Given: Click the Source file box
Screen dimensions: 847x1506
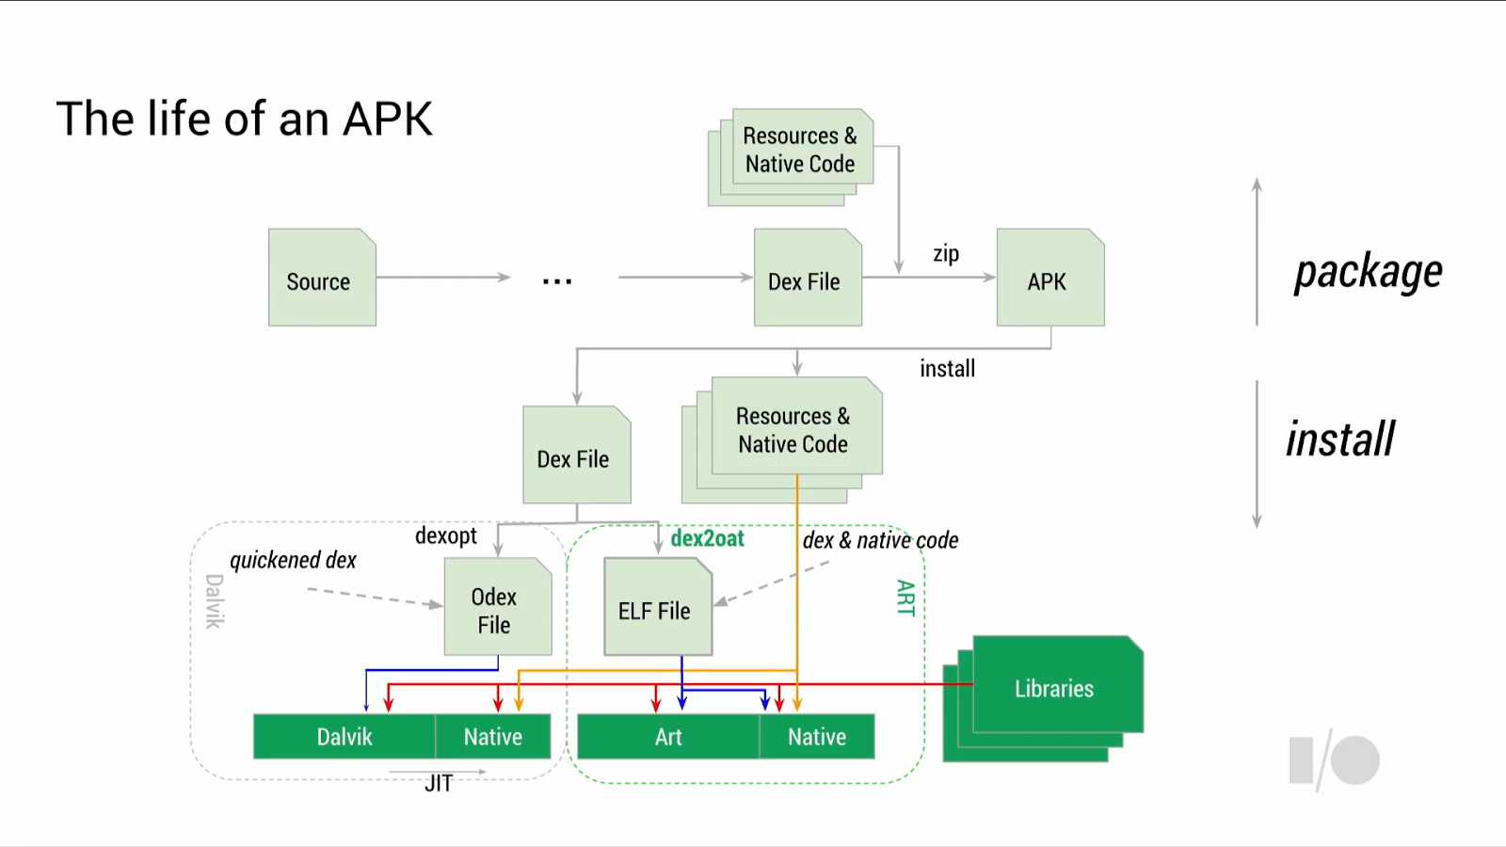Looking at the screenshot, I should click(x=322, y=279).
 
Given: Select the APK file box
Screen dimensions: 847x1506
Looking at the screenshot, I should click(x=1049, y=279).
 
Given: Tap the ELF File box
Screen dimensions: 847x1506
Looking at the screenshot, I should click(x=657, y=608).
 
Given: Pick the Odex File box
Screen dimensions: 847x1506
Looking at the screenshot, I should click(x=497, y=608).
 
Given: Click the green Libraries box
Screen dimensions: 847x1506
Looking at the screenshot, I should click(x=1055, y=687).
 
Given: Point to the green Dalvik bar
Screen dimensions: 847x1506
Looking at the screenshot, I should click(x=344, y=737).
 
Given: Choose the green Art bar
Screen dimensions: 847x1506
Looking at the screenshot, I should click(x=668, y=737).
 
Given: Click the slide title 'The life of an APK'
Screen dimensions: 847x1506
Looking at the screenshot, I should click(x=245, y=120).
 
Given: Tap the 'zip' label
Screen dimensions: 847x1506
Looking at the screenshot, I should click(x=946, y=254).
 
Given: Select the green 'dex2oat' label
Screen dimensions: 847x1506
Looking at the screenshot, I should click(x=707, y=538).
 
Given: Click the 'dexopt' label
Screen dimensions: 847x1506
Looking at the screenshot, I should click(x=445, y=536).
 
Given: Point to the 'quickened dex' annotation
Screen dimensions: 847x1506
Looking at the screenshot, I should click(x=293, y=561).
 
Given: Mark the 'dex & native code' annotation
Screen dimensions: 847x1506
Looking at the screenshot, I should click(x=880, y=540).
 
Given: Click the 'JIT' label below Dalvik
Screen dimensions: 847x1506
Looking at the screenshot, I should click(x=439, y=783).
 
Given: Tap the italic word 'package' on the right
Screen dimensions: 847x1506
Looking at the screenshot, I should click(x=1368, y=273).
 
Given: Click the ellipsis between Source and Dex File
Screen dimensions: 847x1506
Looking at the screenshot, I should click(x=557, y=280).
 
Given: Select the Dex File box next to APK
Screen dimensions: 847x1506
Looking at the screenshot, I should click(x=807, y=279).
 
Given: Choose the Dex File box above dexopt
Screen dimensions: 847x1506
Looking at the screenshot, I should click(x=575, y=456).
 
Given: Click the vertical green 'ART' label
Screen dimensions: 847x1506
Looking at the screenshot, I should click(x=905, y=598).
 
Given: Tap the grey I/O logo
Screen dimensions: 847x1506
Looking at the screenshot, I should click(x=1334, y=759).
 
